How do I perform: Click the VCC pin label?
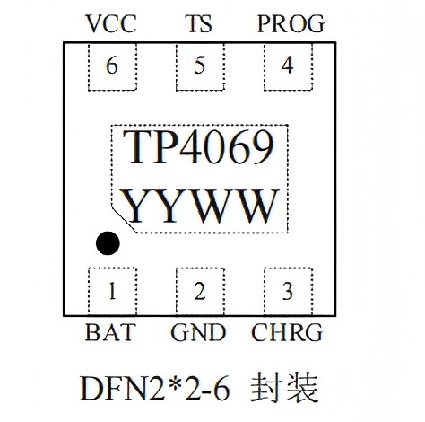coord(111,23)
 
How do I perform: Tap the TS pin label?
coord(200,23)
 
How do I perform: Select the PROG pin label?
coord(291,23)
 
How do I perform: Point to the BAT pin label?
coord(110,332)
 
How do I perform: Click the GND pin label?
coord(198,332)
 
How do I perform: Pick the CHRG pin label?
coord(287,332)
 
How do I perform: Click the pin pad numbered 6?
coord(112,67)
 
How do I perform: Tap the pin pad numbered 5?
coord(200,67)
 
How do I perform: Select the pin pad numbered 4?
coord(288,67)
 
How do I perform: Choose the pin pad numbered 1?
coord(112,291)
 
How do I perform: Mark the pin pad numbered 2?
coord(200,291)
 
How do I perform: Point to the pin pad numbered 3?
coord(288,291)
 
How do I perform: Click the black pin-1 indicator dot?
coord(108,243)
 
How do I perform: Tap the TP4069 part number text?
coord(198,147)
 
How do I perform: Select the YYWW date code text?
coord(199,207)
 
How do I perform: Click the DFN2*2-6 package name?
coord(155,388)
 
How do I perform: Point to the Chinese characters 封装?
coord(284,387)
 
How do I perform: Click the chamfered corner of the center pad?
coord(124,219)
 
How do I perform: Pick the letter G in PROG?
coord(316,23)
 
